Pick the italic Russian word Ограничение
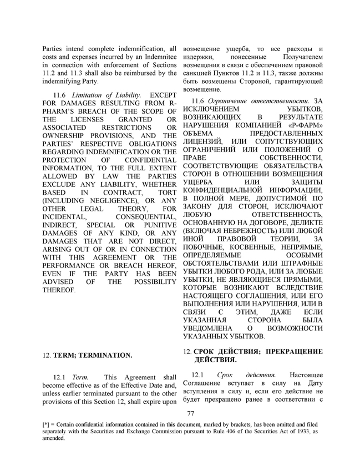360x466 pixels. [x=231, y=101]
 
